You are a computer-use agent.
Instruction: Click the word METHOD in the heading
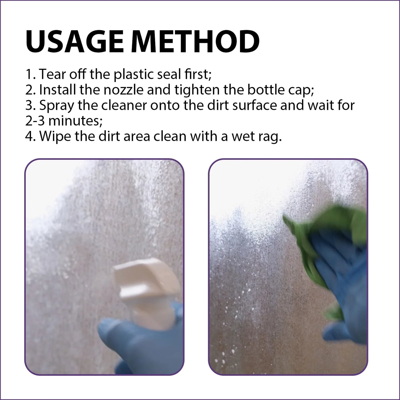pyautogui.click(x=195, y=42)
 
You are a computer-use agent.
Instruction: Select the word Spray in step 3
pyautogui.click(x=57, y=106)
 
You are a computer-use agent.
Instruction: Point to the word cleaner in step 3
pyautogui.click(x=124, y=105)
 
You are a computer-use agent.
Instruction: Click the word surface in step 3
pyautogui.click(x=254, y=105)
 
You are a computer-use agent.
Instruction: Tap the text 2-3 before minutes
pyautogui.click(x=35, y=121)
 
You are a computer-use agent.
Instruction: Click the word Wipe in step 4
pyautogui.click(x=55, y=136)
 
